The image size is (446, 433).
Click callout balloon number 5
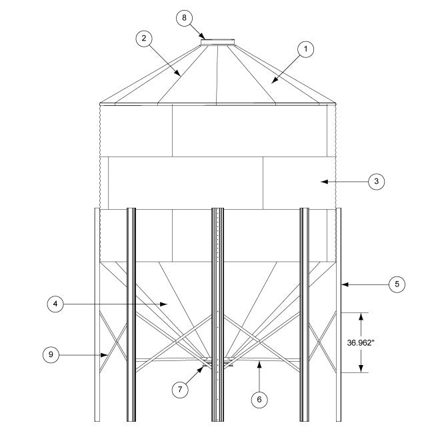[x=397, y=284]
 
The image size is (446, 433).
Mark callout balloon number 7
[x=180, y=390]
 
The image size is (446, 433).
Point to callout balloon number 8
[x=185, y=18]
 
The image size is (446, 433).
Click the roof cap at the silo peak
[x=218, y=43]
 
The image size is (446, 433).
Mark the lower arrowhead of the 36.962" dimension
[x=361, y=370]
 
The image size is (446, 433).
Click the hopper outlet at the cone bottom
[x=218, y=361]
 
